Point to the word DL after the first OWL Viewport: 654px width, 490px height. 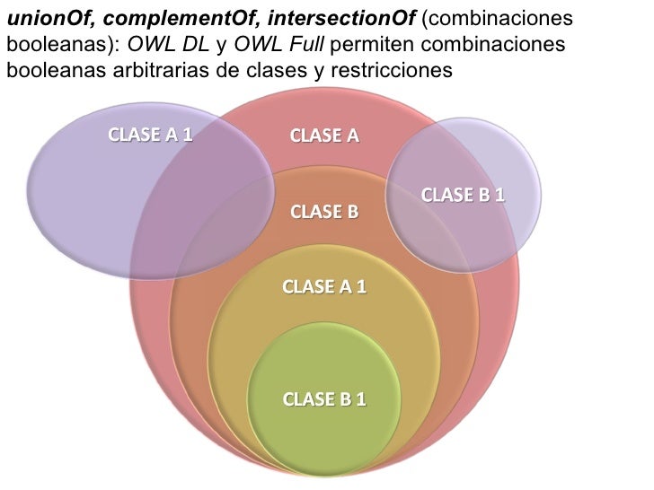click(195, 44)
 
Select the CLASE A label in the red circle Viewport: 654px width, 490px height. click(324, 136)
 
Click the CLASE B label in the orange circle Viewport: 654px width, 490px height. click(324, 213)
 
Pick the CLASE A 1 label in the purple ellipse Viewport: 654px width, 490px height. click(150, 136)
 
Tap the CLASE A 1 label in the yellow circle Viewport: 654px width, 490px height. click(324, 287)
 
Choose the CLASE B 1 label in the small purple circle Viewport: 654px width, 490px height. click(463, 194)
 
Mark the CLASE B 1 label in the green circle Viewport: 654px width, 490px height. click(324, 399)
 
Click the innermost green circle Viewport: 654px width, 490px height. click(323, 431)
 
